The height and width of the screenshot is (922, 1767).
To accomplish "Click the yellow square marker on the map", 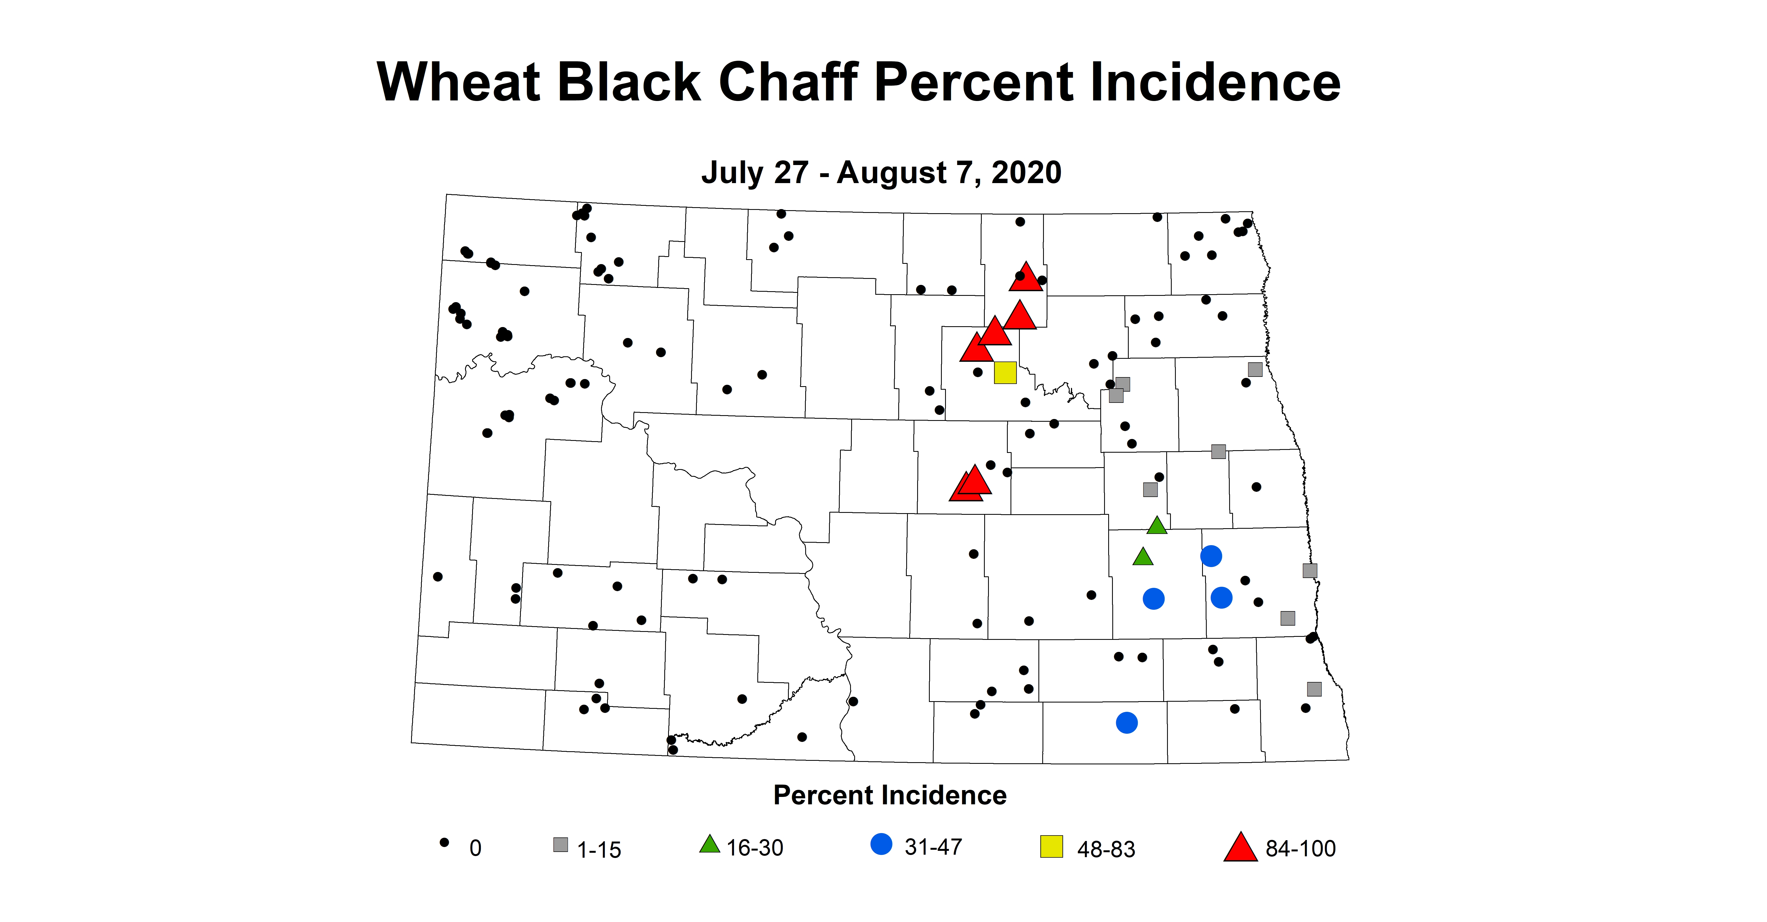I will [x=1005, y=372].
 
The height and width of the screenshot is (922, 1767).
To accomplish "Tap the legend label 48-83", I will [x=1106, y=849].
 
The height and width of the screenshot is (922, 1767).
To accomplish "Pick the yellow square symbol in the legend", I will [x=1052, y=846].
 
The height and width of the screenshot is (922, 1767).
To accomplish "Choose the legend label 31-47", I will [x=933, y=847].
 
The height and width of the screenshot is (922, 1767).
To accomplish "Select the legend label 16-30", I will [x=755, y=848].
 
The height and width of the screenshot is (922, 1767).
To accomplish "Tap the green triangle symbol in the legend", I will [x=709, y=845].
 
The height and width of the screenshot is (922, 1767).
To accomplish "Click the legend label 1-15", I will [x=599, y=850].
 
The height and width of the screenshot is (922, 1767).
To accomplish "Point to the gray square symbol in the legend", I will [x=561, y=845].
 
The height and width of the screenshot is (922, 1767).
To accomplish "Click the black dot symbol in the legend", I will [x=444, y=842].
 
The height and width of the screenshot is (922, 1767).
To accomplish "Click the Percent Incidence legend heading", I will [x=890, y=795].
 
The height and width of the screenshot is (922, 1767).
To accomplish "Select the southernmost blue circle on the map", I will [x=1126, y=722].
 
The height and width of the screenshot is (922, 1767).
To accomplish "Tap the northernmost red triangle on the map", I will [x=1026, y=277].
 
